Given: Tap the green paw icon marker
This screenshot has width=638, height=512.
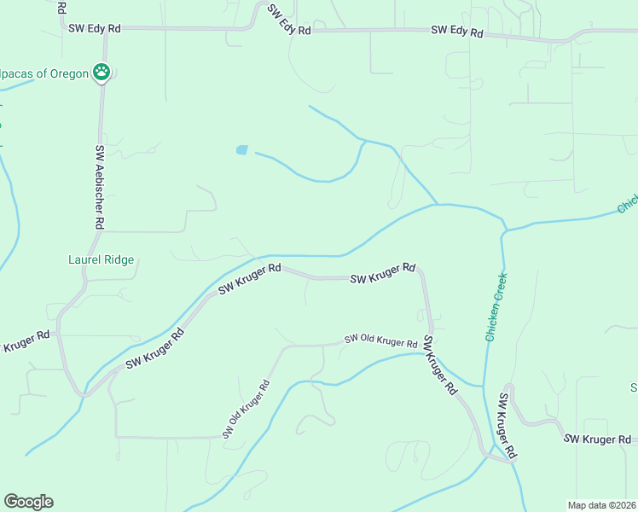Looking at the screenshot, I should click(102, 73).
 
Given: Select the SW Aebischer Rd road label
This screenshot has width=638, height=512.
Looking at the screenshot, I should click(100, 187).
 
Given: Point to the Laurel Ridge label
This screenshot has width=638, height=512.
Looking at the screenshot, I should click(101, 259).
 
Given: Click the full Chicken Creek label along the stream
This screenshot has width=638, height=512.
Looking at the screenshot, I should click(496, 307).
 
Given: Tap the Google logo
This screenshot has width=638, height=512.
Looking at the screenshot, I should click(28, 502).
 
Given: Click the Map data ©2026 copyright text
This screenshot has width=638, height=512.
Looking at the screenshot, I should click(601, 505).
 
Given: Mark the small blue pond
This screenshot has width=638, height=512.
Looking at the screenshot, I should click(242, 150).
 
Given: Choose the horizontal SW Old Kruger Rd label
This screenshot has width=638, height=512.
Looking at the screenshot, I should click(380, 340).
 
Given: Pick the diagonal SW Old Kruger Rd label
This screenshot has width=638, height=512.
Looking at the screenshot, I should click(246, 409).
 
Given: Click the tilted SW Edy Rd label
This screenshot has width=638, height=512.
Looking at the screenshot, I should click(288, 20).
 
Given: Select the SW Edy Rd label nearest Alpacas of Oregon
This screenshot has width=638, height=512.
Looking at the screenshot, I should click(95, 28).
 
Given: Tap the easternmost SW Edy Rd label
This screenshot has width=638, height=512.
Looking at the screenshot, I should click(457, 32).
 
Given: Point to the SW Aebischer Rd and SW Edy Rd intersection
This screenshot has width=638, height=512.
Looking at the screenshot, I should click(104, 28).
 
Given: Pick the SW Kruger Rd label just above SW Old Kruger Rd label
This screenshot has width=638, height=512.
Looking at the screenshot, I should click(382, 273).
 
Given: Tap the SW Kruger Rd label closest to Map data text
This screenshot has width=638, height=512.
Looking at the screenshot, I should click(600, 439).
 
